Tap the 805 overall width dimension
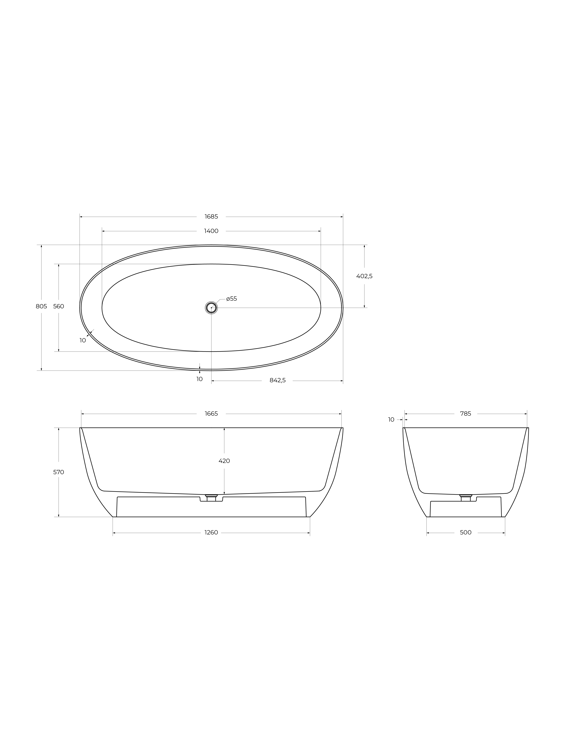coord(41,306)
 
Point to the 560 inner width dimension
coord(59,306)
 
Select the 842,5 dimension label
coord(278,380)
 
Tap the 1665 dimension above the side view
coord(211,414)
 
